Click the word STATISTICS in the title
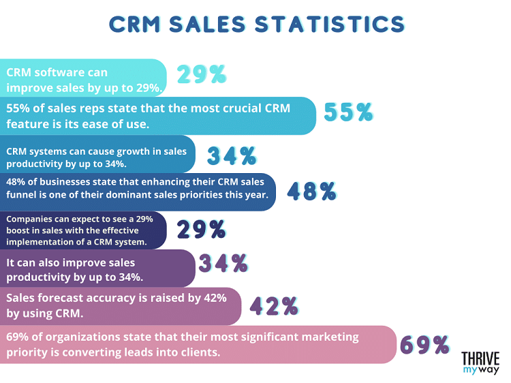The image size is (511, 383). [x=330, y=23]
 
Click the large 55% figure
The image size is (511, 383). [x=348, y=112]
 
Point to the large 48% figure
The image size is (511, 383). [x=312, y=191]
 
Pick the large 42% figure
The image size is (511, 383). [x=275, y=307]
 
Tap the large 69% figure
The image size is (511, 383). [x=424, y=344]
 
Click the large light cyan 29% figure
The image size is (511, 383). [x=202, y=74]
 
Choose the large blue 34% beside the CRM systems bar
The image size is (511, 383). [x=232, y=156]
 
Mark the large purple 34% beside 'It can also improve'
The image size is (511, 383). [x=222, y=262]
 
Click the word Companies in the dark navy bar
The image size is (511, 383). [x=28, y=219]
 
